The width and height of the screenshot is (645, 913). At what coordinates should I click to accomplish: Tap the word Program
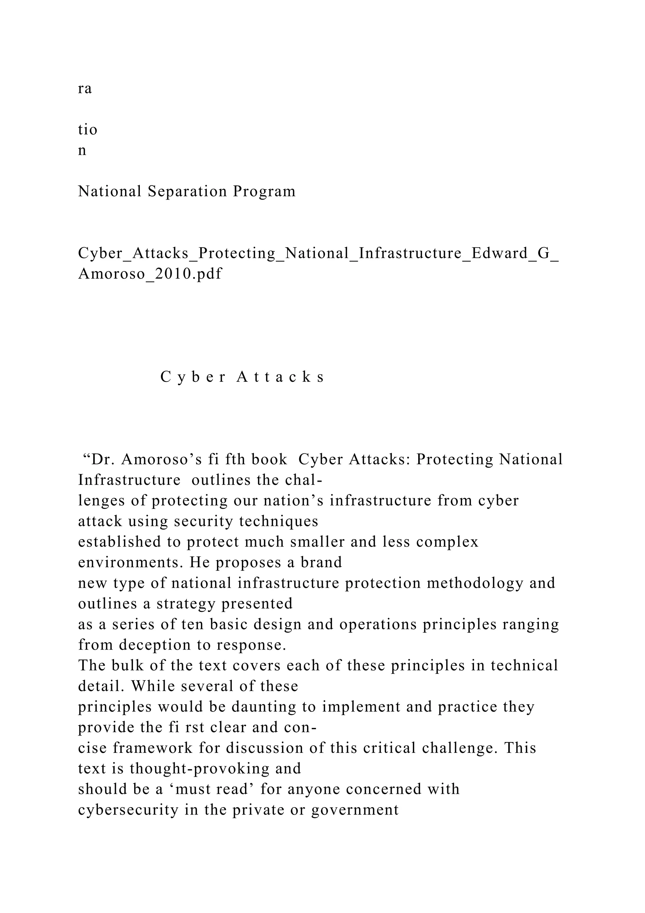pos(264,192)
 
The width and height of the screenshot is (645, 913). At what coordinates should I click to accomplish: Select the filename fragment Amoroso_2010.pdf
pos(150,274)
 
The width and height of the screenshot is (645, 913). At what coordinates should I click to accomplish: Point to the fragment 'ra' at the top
pos(85,89)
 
